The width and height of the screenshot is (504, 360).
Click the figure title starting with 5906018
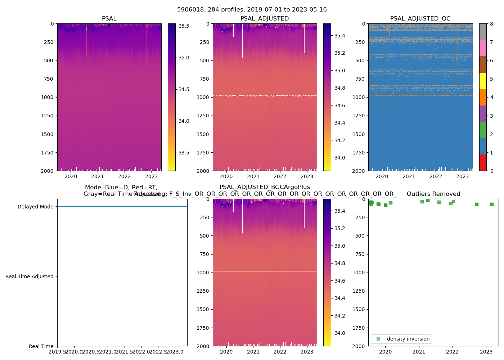click(252, 10)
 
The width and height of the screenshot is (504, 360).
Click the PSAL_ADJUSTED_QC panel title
click(420, 19)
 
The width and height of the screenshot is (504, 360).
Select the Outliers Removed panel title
click(433, 194)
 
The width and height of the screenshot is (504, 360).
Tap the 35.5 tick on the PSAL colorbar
click(184, 26)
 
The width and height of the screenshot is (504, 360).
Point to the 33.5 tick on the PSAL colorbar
click(184, 153)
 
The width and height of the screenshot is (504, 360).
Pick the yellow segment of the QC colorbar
click(483, 81)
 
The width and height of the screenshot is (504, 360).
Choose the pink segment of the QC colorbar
click(483, 48)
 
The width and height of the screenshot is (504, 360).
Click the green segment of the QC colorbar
click(483, 130)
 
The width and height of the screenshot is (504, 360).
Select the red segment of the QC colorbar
click(483, 163)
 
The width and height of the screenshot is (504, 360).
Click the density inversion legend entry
click(408, 339)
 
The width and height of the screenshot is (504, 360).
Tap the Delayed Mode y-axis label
click(35, 207)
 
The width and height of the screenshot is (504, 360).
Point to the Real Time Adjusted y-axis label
click(30, 276)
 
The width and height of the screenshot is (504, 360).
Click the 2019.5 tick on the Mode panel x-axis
click(58, 352)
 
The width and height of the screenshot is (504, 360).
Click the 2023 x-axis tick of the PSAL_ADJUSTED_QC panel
click(463, 176)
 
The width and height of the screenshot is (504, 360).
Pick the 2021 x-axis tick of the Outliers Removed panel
click(419, 352)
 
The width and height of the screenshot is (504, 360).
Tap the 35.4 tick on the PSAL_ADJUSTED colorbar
click(340, 36)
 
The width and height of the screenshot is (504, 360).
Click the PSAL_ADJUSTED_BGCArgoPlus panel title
click(265, 187)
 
